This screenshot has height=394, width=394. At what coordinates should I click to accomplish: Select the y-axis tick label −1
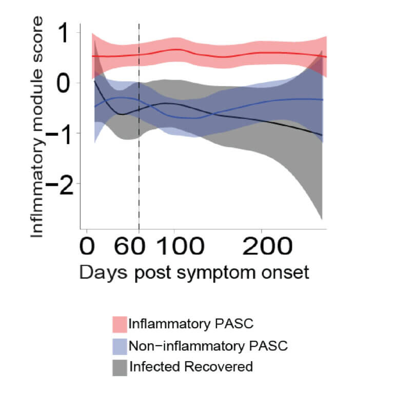pyautogui.click(x=60, y=133)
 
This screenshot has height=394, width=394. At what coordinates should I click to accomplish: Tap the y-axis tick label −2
pyautogui.click(x=60, y=183)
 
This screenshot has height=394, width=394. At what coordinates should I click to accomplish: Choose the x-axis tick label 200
pyautogui.click(x=263, y=248)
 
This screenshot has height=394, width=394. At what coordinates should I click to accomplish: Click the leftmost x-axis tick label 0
pyautogui.click(x=90, y=248)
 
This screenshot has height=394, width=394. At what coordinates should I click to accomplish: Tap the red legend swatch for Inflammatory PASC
pyautogui.click(x=120, y=324)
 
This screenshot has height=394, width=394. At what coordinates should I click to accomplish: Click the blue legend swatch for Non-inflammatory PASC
pyautogui.click(x=120, y=345)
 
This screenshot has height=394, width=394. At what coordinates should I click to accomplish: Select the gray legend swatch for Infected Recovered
pyautogui.click(x=120, y=366)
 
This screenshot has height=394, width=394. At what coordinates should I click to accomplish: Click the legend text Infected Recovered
pyautogui.click(x=191, y=366)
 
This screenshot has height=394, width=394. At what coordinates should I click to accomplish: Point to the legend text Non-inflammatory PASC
pyautogui.click(x=208, y=345)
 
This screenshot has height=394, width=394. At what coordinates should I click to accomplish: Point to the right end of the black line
pyautogui.click(x=322, y=135)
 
